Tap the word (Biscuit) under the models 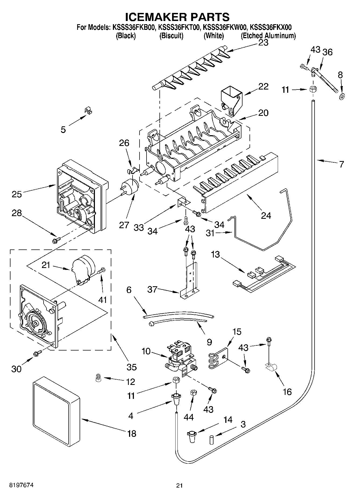(171, 35)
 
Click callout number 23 (263, 43)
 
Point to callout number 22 (263, 87)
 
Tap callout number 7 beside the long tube (341, 164)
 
